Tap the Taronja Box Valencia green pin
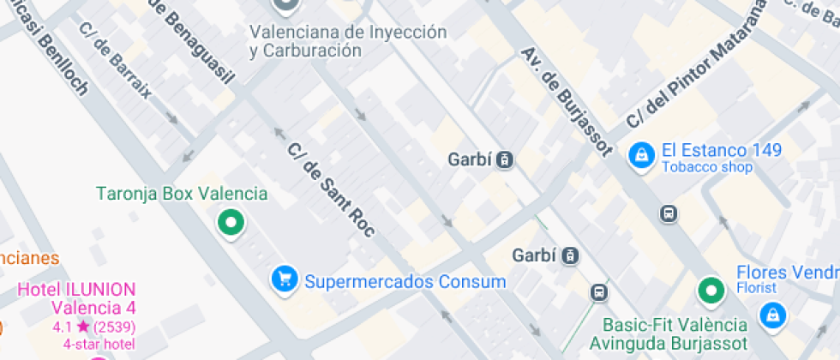coord(230,222)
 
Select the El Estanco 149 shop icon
coord(640,156)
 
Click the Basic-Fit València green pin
coord(710,291)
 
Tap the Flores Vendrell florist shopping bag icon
coord(773,314)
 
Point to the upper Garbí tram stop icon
coord(506,159)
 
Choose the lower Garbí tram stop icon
coord(571,255)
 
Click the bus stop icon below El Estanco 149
coord(669,213)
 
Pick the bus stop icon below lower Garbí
coord(598,292)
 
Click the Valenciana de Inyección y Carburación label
coord(348,41)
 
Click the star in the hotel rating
coord(82,327)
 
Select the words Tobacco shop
coord(707,167)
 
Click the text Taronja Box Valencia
coord(182,194)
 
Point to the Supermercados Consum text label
coord(405,281)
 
